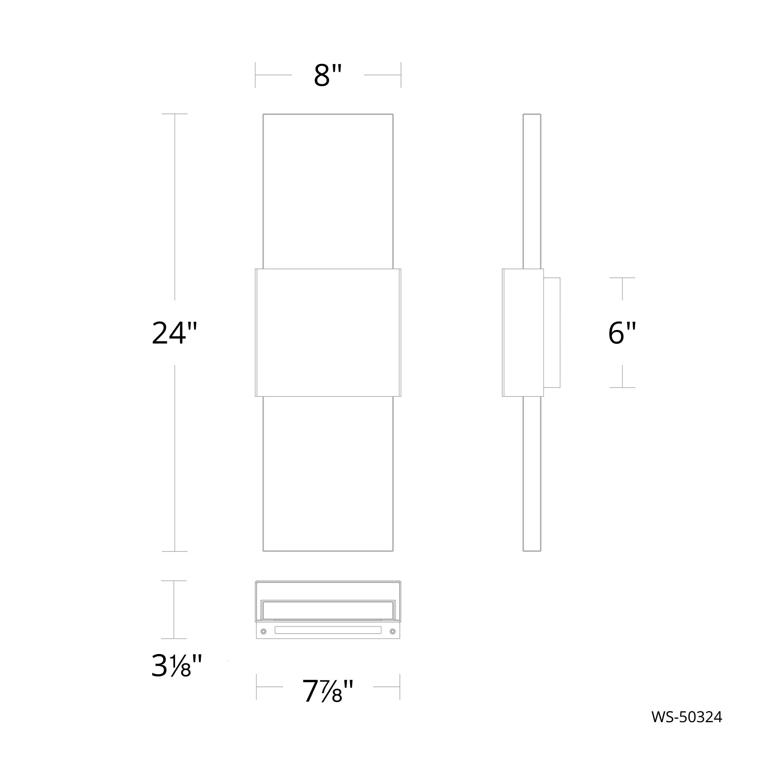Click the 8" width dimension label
click(328, 75)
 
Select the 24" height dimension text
click(174, 333)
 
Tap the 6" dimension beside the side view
click(622, 333)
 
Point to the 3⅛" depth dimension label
click(177, 665)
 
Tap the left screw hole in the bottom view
click(264, 632)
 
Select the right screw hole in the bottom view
click(392, 632)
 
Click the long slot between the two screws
click(328, 630)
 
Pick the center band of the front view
click(328, 333)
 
